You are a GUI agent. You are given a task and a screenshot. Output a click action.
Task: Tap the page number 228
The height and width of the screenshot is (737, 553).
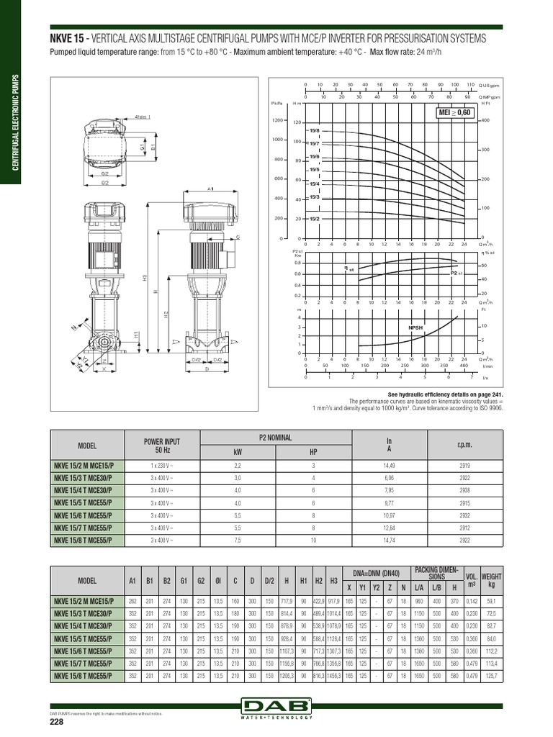[58, 723]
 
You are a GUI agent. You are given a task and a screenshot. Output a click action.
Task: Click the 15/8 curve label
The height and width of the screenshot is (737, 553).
[314, 130]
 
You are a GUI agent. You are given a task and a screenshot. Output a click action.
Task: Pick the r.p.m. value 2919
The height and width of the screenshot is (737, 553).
[464, 466]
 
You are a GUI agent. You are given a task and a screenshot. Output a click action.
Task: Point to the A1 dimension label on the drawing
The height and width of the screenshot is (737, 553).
[212, 189]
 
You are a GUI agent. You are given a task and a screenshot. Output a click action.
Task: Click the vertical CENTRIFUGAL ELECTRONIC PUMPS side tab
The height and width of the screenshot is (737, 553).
[12, 123]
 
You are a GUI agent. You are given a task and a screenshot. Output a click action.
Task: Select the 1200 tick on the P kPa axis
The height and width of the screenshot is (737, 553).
[276, 120]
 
